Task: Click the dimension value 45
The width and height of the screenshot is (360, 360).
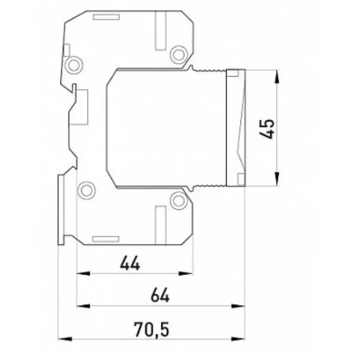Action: pyautogui.click(x=267, y=129)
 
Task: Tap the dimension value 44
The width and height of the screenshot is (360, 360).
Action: pyautogui.click(x=130, y=263)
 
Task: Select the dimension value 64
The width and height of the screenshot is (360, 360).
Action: pyautogui.click(x=160, y=296)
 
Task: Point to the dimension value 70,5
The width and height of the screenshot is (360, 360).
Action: pyautogui.click(x=152, y=329)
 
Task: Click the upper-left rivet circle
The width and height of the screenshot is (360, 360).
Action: pyautogui.click(x=73, y=65)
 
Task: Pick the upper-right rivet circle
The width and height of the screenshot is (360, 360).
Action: pyautogui.click(x=179, y=55)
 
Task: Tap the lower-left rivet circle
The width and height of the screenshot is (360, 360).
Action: pyautogui.click(x=86, y=190)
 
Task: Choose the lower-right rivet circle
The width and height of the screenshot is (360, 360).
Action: pyautogui.click(x=179, y=201)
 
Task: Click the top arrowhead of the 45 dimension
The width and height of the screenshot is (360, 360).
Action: pyautogui.click(x=277, y=76)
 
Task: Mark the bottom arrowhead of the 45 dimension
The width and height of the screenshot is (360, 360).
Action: pyautogui.click(x=277, y=179)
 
